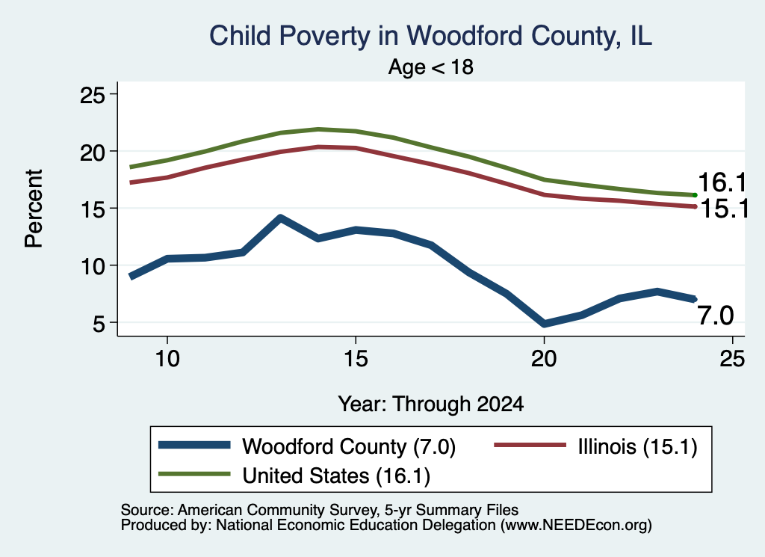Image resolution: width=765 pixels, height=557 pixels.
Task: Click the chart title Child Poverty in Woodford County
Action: (430, 36)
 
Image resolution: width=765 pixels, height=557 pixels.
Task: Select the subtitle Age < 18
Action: (431, 67)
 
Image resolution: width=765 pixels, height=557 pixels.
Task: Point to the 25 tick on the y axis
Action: (92, 94)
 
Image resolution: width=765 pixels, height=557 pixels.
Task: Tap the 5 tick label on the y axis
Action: (99, 323)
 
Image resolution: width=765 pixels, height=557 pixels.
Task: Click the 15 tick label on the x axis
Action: (356, 359)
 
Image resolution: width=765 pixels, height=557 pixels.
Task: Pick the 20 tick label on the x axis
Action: (544, 359)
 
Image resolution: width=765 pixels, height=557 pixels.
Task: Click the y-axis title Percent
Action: (34, 209)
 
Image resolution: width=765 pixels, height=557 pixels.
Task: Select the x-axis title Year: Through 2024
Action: (431, 404)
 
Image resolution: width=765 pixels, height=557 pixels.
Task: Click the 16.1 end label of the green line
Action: (722, 182)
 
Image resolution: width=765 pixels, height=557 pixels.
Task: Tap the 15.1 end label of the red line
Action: (724, 209)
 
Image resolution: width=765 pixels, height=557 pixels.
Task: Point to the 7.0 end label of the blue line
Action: (715, 316)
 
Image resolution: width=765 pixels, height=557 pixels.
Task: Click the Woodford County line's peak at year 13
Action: (280, 218)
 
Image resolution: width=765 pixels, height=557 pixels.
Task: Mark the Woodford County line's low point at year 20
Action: (544, 323)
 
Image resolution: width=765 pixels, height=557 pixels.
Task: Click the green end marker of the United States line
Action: (695, 195)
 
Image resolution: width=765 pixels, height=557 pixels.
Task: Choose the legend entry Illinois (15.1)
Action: (637, 446)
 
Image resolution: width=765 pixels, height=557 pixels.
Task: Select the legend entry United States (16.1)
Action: (337, 476)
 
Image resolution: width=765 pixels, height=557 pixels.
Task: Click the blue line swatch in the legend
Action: (194, 445)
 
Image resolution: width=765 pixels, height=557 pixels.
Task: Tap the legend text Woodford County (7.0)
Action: (349, 446)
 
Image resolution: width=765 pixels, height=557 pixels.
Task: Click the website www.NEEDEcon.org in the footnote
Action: (576, 526)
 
